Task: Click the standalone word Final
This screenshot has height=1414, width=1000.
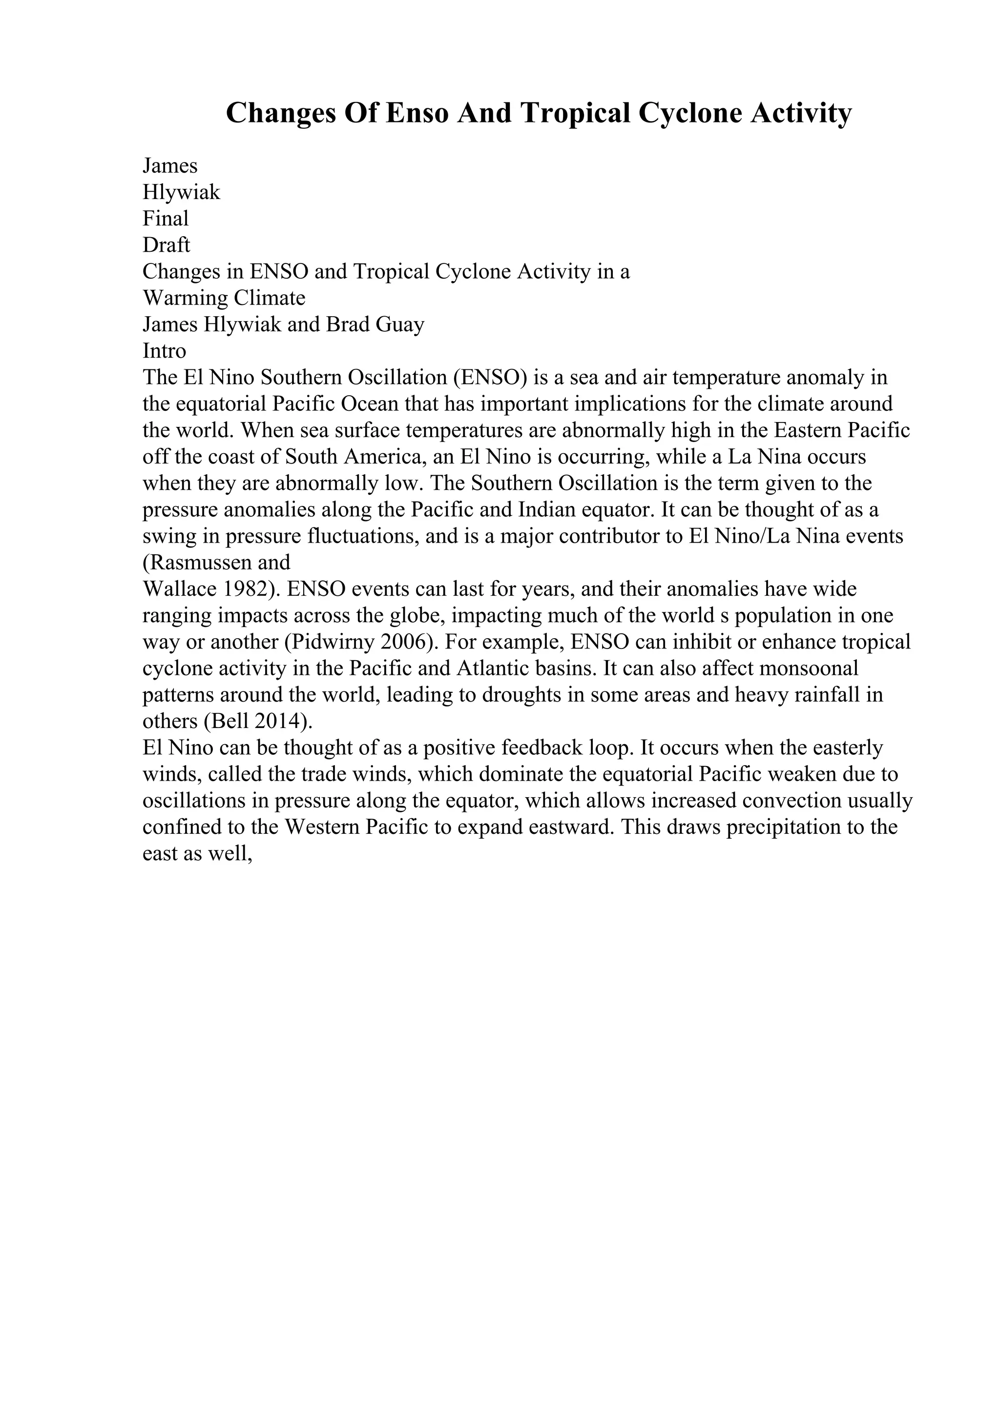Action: (x=165, y=219)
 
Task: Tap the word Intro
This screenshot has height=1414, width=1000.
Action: (x=164, y=351)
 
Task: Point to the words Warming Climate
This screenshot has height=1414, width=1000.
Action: (x=224, y=298)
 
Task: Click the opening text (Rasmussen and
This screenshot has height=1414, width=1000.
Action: (x=216, y=563)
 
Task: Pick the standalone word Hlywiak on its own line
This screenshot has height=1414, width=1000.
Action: (x=181, y=192)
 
